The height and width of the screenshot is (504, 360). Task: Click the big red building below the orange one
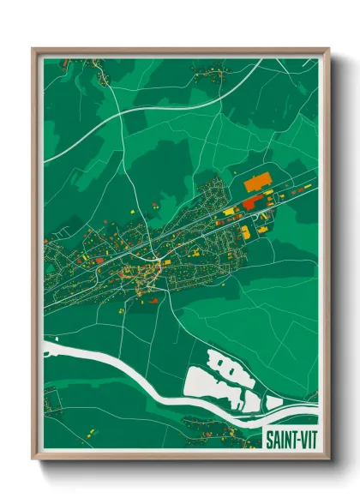click(252, 202)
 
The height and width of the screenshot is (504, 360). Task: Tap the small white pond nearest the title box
click(273, 402)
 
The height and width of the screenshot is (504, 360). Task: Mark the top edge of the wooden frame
click(180, 50)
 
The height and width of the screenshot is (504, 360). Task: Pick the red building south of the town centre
click(154, 300)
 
